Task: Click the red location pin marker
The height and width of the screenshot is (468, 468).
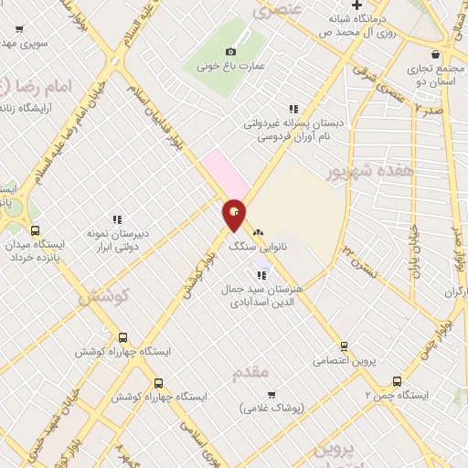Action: pos(235,215)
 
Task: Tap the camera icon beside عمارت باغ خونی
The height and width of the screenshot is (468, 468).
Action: pos(230,52)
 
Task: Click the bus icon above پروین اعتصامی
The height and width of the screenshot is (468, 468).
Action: pos(344,346)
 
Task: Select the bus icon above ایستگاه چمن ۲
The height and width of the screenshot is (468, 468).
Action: pos(397,381)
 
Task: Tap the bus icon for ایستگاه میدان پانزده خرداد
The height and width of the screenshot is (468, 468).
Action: pos(35,230)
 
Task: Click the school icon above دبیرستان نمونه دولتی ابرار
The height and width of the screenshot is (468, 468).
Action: pos(117,219)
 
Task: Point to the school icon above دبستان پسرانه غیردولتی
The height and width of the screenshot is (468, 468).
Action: pos(292,109)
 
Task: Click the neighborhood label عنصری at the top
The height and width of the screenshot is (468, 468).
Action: pos(277,11)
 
